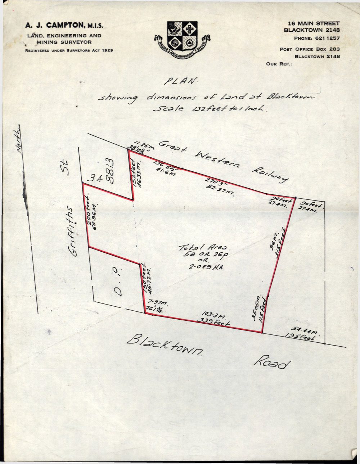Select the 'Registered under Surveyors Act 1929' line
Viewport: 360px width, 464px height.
pos(69,50)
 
